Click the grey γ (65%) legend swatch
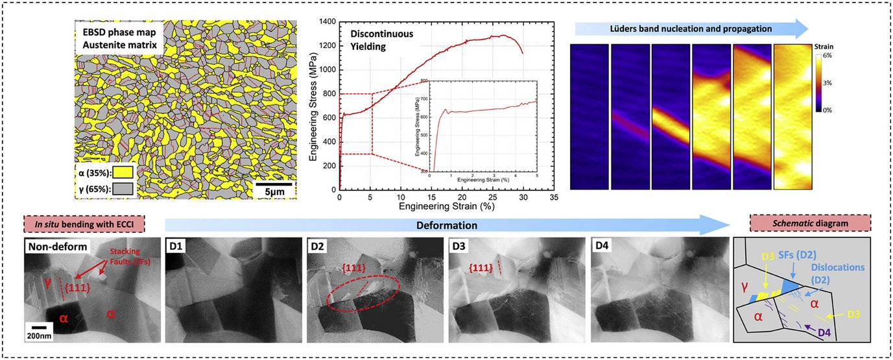click(x=123, y=189)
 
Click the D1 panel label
click(x=177, y=247)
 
